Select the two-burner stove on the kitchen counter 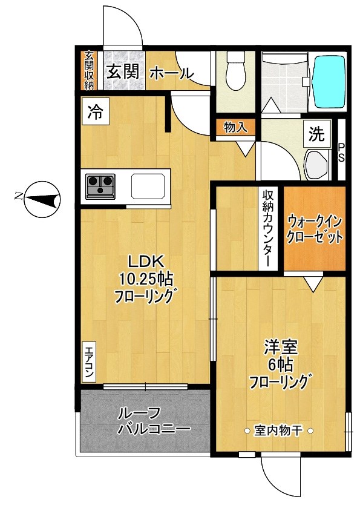(100, 186)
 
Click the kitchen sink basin (148, 186)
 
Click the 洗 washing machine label (316, 135)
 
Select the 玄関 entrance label (123, 73)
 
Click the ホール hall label (171, 73)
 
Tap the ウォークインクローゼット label (315, 228)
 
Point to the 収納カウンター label (267, 228)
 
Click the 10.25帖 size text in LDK (146, 279)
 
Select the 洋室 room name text (280, 348)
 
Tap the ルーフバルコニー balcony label (145, 421)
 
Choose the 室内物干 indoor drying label (278, 431)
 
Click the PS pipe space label (341, 152)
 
